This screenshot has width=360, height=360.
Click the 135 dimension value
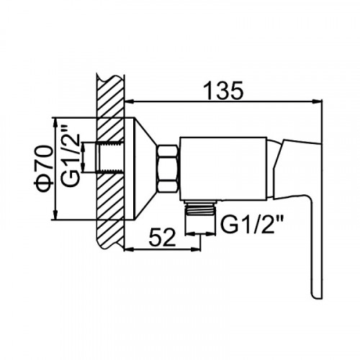point(223,91)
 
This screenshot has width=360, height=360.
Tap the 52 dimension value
point(163,238)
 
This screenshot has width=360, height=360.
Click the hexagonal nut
point(168,168)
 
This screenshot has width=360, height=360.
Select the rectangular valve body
point(223,168)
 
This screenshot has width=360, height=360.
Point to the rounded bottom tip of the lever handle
point(318,297)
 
